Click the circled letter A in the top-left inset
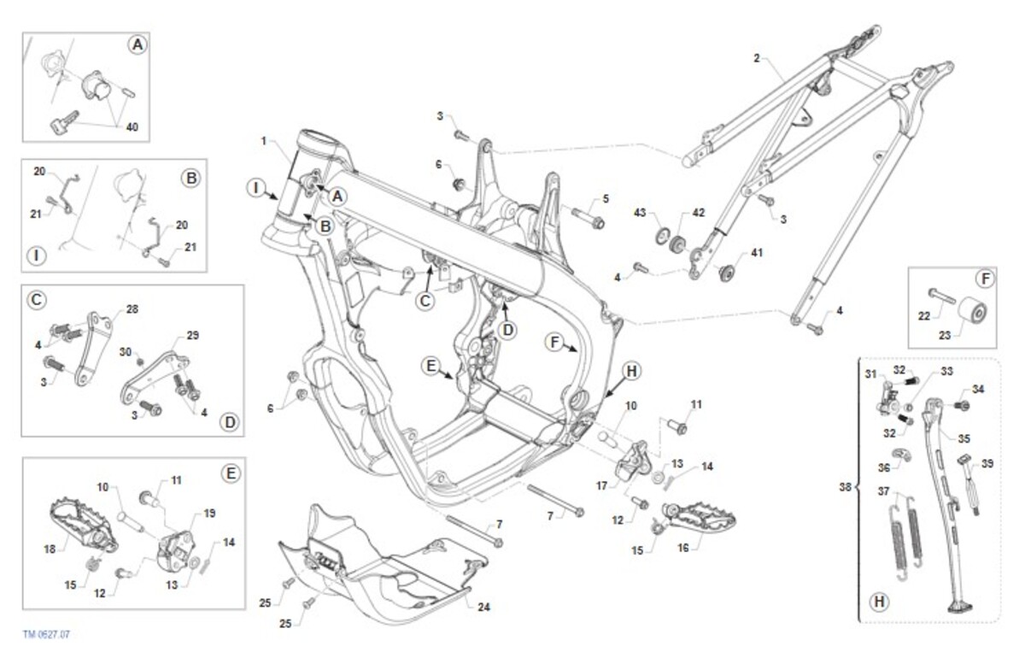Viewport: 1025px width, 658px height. coord(137,45)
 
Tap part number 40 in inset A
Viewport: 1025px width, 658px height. coord(132,127)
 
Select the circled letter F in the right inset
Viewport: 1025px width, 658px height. coord(984,278)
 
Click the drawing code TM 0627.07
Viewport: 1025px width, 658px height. coord(46,636)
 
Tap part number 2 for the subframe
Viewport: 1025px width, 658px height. coord(756,58)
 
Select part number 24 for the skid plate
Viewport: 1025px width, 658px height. coord(483,608)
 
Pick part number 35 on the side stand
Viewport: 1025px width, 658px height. coord(963,438)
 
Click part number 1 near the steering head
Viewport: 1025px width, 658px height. coord(265,140)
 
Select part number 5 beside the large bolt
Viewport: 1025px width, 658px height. coord(605,199)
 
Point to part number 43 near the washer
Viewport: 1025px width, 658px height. coord(639,212)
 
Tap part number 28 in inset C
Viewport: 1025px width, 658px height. coord(132,308)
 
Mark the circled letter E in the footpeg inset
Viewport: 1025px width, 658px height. coord(230,473)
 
